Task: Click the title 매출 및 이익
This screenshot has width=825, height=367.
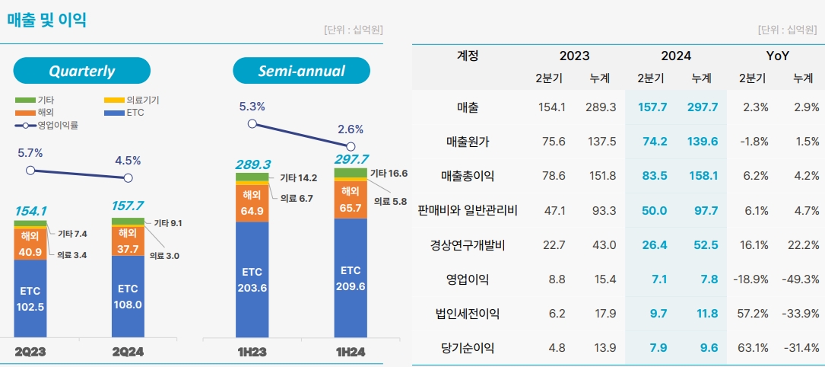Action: pos(47,20)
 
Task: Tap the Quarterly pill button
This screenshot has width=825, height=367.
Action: pos(81,71)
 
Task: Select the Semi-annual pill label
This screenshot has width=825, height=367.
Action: pos(301,71)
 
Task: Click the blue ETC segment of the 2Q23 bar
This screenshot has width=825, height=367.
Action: pos(30,298)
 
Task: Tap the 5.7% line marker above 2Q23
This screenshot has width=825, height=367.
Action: pos(30,170)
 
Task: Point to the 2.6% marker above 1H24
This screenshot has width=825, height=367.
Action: pos(351,146)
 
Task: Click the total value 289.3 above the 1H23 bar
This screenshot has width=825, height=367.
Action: pos(252,164)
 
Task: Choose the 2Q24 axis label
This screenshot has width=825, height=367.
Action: pos(128,352)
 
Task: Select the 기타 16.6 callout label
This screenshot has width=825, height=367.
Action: pos(389,174)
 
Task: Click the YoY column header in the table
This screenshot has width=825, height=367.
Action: pos(777,56)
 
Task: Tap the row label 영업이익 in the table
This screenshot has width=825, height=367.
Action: pos(468,279)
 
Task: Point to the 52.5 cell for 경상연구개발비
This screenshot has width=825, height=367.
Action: pos(703,244)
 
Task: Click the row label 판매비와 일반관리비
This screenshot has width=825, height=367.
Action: pos(468,210)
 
